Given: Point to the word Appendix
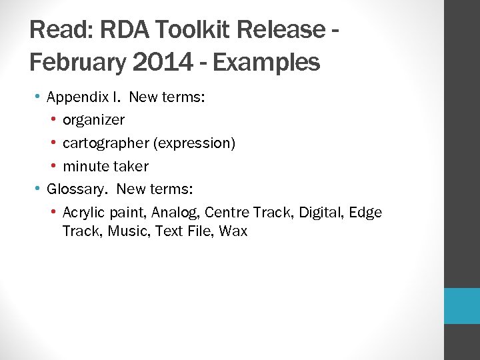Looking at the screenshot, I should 75,97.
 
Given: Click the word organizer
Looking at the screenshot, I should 93,120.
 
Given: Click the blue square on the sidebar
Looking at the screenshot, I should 462,306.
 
